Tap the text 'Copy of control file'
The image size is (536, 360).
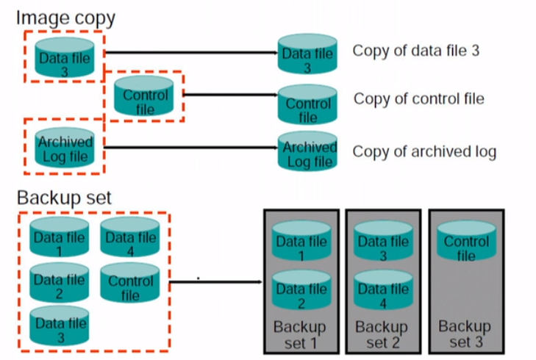(x=419, y=98)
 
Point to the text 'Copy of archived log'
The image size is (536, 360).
(x=424, y=152)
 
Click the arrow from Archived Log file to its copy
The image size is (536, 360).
(x=191, y=149)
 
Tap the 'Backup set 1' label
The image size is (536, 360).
(x=299, y=334)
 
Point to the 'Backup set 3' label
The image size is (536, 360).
(x=465, y=334)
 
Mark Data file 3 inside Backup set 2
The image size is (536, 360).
(x=382, y=246)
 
